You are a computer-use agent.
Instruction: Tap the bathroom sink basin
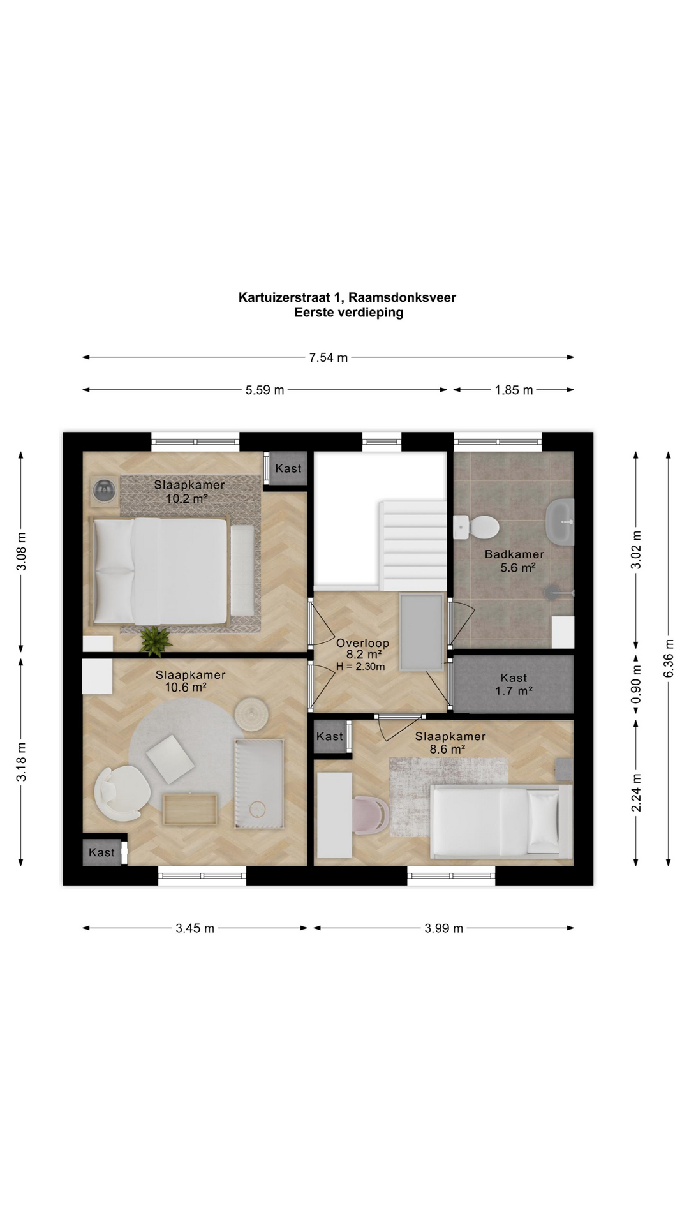560,521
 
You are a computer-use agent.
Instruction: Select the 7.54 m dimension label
329,358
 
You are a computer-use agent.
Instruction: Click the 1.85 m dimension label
514,390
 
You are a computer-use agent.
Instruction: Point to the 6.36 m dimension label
669,658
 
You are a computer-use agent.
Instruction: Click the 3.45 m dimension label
195,928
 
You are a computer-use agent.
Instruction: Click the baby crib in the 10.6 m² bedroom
258,783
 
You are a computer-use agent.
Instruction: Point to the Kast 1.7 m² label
514,684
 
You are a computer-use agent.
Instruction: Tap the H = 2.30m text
360,667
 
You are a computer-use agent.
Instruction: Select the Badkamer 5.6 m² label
514,561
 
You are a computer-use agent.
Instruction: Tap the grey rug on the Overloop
421,632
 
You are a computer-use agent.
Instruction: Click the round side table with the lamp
105,490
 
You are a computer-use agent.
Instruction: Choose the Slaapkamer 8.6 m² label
450,743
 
